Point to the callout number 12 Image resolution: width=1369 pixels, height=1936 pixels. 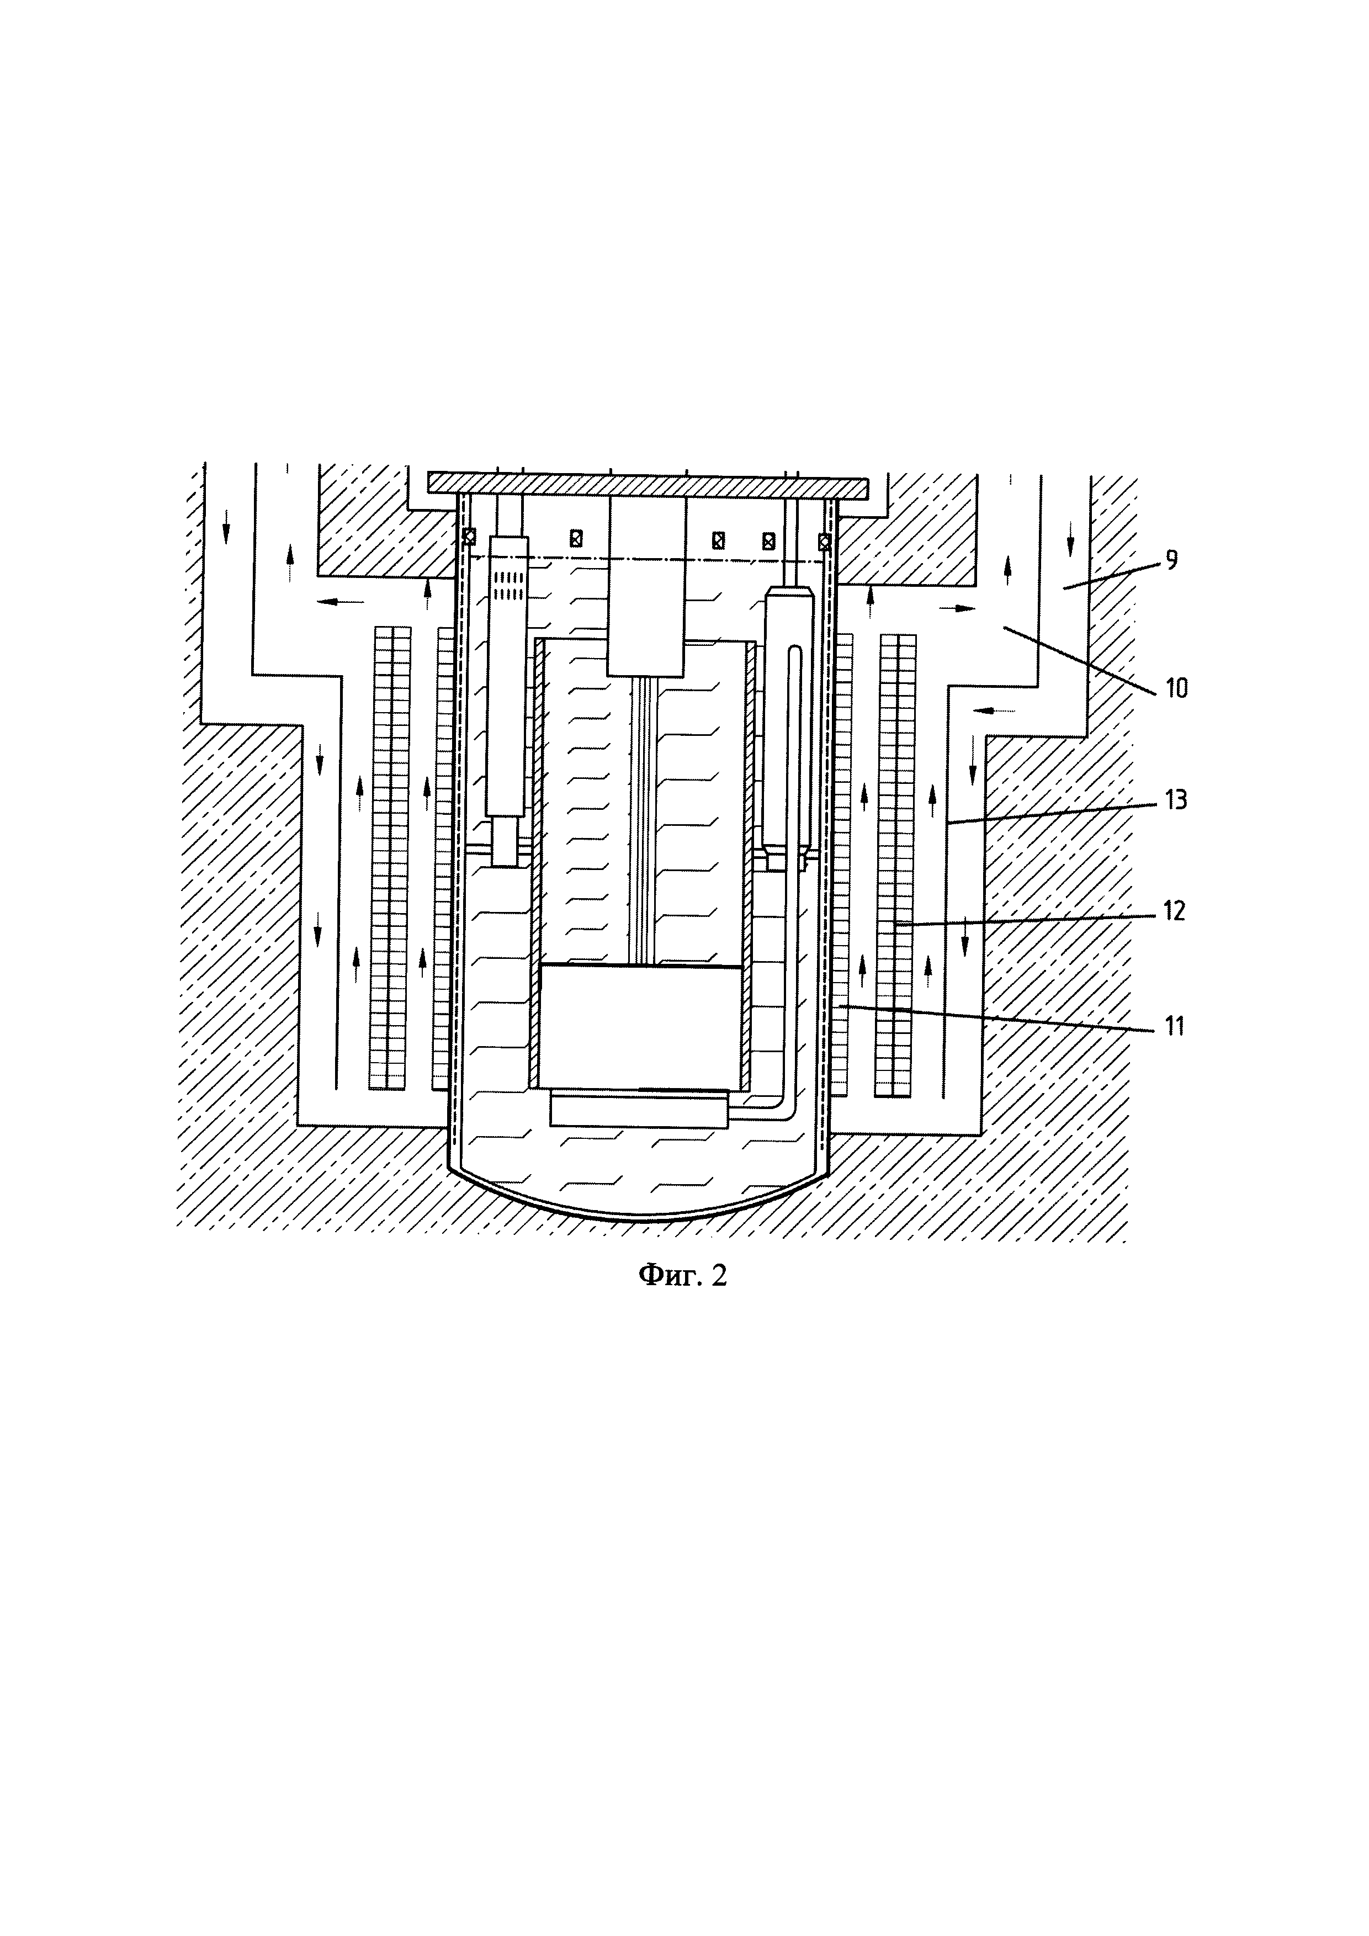click(1174, 911)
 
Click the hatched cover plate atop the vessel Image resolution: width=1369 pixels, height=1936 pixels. click(648, 485)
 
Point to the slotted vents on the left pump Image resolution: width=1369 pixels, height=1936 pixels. click(507, 585)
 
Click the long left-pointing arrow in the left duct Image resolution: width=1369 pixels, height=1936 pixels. click(341, 601)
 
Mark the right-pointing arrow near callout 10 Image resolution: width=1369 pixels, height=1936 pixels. click(958, 607)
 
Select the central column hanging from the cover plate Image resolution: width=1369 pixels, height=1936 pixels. click(646, 586)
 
